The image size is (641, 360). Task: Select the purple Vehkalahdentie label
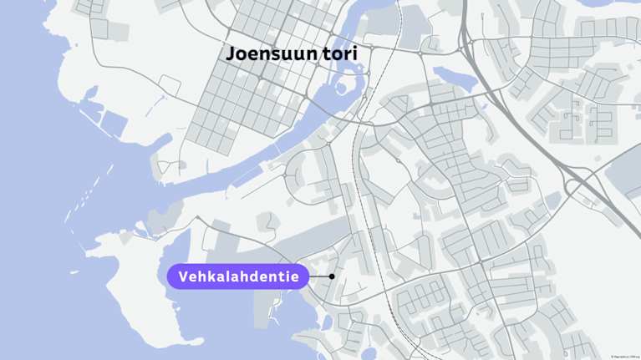click(238, 276)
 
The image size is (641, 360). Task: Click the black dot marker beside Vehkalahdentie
click(332, 276)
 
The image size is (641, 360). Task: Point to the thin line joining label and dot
click(320, 276)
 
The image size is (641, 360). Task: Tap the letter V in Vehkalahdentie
click(184, 276)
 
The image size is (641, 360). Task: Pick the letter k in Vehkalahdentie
click(212, 276)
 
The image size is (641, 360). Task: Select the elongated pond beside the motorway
click(455, 79)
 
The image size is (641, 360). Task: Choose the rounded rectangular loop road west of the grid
click(170, 84)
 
